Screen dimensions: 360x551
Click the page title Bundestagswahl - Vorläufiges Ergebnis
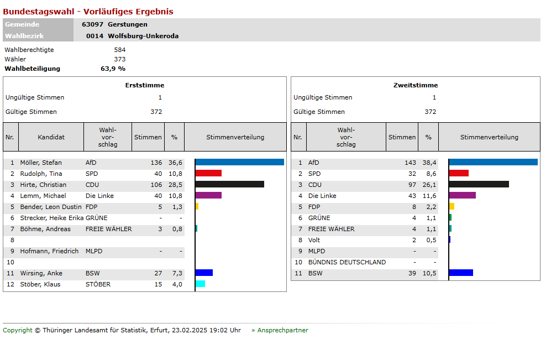[88, 12]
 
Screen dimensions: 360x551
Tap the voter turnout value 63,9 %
[113, 69]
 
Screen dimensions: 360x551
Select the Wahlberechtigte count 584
[119, 50]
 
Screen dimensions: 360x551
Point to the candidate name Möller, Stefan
[41, 163]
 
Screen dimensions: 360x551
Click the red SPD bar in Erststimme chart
[209, 173]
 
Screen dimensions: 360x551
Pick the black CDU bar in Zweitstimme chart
[479, 184]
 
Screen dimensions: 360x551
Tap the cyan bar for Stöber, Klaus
[201, 284]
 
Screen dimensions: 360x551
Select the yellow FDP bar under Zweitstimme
[452, 206]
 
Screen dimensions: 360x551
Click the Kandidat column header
[51, 137]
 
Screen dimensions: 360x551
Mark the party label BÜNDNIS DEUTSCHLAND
[347, 262]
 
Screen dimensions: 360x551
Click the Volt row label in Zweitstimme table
[314, 240]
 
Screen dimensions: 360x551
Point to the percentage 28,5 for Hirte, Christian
[175, 185]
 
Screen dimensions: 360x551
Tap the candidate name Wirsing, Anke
[41, 273]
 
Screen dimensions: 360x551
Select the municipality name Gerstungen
[128, 24]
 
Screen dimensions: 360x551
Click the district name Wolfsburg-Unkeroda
[143, 36]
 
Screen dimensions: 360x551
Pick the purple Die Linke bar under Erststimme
[209, 195]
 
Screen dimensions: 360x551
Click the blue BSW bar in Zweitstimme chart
[461, 273]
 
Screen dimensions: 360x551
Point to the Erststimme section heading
[145, 85]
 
